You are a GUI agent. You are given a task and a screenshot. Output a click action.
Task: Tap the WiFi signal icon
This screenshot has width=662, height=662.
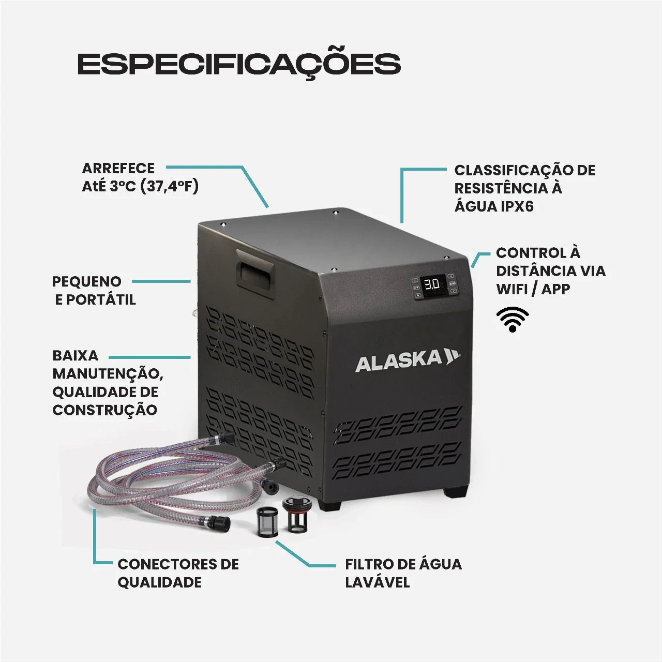coord(513,319)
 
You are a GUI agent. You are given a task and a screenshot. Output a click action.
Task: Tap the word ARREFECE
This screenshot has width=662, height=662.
coord(118,168)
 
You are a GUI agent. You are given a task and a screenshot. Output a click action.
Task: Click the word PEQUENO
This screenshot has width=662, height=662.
coord(86,281)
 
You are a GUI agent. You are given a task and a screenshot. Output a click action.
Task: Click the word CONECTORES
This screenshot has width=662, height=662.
coord(163,564)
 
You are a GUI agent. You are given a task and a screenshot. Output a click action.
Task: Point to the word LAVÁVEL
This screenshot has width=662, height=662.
coord(377,582)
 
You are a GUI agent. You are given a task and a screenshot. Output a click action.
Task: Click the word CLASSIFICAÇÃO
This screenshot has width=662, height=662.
coord(510,170)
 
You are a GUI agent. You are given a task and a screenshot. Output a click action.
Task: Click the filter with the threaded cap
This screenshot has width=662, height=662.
coord(294,514)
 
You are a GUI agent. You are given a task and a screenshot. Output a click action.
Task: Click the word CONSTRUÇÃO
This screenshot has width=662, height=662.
coord(105,410)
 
